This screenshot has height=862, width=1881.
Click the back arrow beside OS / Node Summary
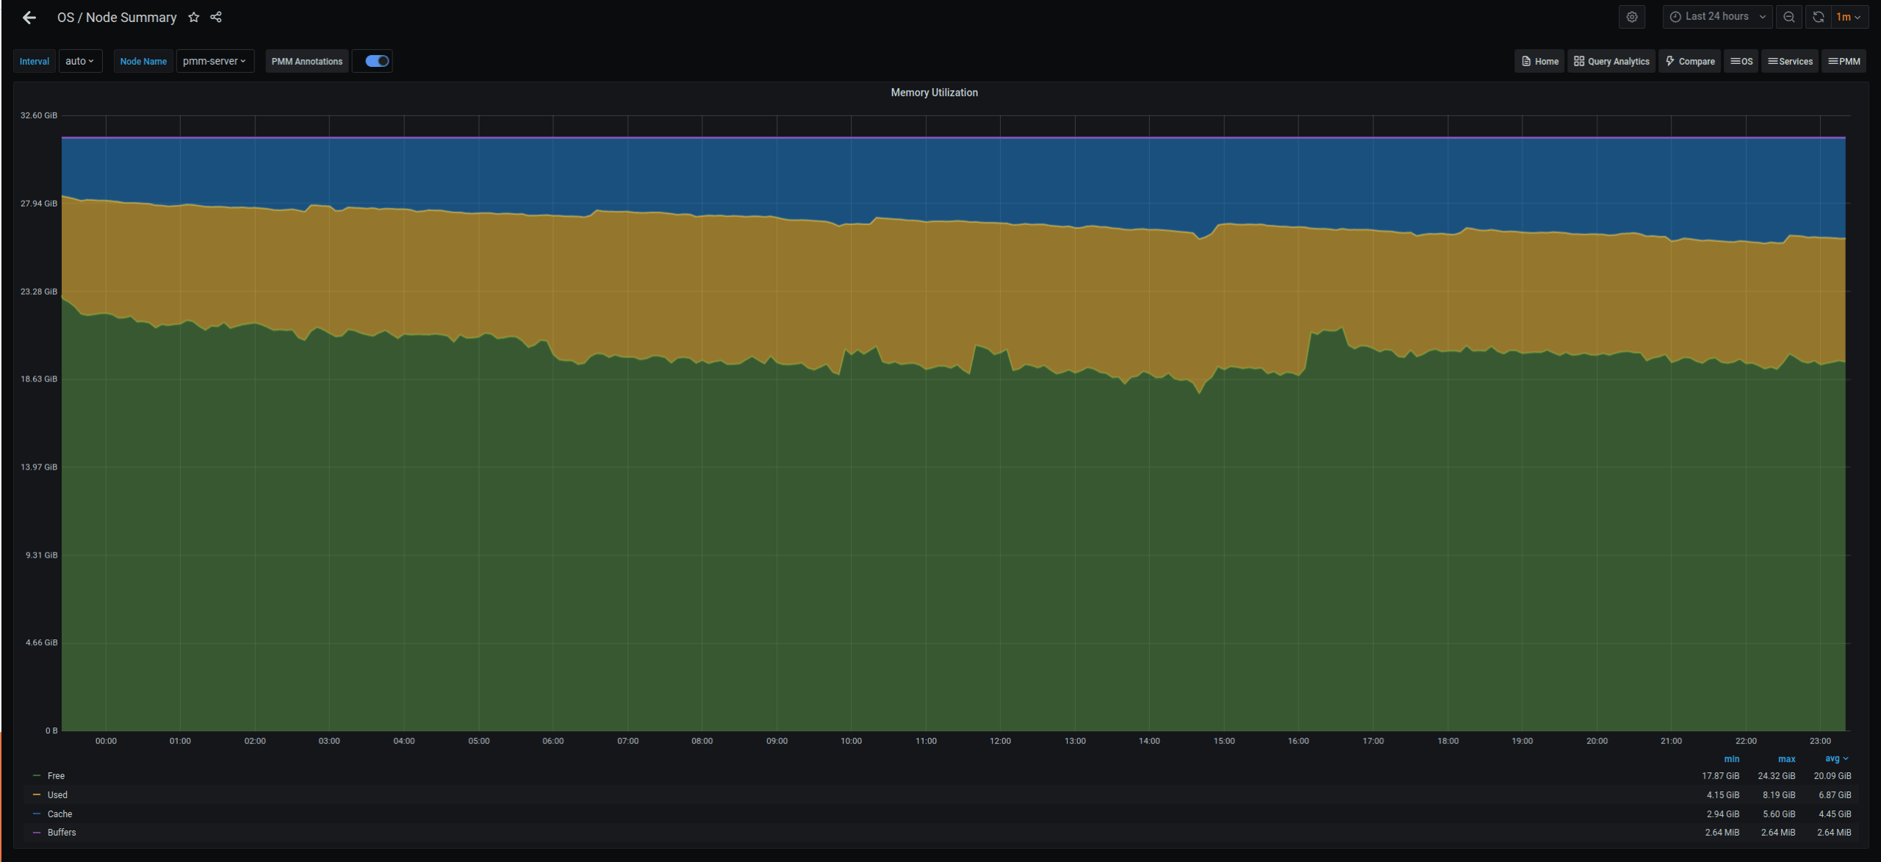[29, 18]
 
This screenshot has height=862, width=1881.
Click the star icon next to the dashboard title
[194, 17]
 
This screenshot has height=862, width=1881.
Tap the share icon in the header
[216, 17]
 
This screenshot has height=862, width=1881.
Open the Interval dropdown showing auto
[80, 61]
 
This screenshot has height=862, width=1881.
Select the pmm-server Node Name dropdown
[215, 61]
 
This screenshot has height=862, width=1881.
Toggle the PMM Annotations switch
[377, 61]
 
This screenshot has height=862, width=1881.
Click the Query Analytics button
[1612, 62]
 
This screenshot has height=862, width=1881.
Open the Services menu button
[1790, 62]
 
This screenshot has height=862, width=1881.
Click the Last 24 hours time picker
[1717, 17]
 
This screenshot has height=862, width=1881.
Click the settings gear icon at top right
[1632, 17]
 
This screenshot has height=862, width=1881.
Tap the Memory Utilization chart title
[934, 93]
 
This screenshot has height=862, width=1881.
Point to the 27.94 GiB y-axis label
[39, 204]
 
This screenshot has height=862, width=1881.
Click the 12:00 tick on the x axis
[1000, 741]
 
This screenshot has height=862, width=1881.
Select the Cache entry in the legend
[60, 814]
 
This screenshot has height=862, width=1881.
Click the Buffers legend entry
[62, 833]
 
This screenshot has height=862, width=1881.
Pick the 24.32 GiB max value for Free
[1776, 776]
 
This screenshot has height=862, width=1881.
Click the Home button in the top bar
[1540, 62]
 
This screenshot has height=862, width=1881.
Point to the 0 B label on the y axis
[51, 730]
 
